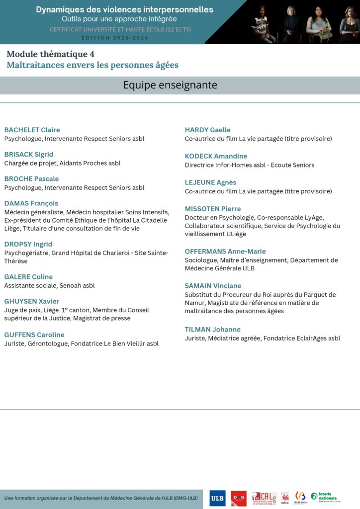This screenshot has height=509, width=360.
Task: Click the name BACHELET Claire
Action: click(32, 130)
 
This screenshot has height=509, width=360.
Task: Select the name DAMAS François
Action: click(31, 203)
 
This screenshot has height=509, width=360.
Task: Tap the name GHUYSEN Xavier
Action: click(31, 301)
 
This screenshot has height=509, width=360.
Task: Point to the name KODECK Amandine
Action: click(216, 156)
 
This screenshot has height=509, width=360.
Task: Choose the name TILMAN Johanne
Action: click(212, 329)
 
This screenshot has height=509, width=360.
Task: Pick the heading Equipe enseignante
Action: click(170, 85)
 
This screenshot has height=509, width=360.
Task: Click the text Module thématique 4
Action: click(50, 54)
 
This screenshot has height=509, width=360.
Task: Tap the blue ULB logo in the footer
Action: click(217, 498)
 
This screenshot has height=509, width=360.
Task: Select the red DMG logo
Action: click(239, 498)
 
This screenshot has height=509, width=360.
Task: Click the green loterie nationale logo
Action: click(324, 497)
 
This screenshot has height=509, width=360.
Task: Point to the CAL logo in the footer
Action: click(264, 498)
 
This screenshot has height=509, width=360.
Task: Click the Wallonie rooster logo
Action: click(285, 498)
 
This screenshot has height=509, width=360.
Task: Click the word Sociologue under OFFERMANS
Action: click(200, 260)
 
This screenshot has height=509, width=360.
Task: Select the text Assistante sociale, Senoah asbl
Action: click(49, 285)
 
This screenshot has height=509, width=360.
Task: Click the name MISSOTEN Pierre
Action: click(212, 209)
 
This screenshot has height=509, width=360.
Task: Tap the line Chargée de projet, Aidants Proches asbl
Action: click(62, 163)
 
